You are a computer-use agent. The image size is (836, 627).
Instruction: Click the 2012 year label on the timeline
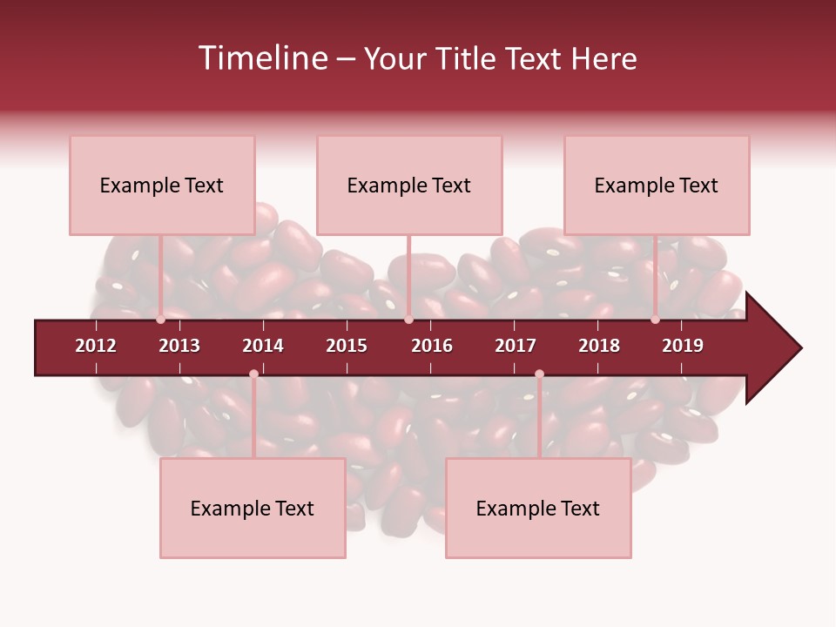pyautogui.click(x=96, y=346)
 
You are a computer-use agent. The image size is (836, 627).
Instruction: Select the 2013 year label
pyautogui.click(x=179, y=346)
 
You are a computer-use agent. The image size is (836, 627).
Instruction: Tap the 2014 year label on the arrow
pyautogui.click(x=263, y=346)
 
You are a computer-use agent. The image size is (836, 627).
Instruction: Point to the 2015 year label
pyautogui.click(x=347, y=346)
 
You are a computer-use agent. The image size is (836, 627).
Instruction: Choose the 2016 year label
pyautogui.click(x=432, y=346)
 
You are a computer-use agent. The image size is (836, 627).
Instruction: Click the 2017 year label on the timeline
pyautogui.click(x=516, y=346)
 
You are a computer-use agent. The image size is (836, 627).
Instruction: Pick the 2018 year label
pyautogui.click(x=599, y=346)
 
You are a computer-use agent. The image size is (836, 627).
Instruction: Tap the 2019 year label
pyautogui.click(x=683, y=346)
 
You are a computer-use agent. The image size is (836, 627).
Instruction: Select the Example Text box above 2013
pyautogui.click(x=162, y=185)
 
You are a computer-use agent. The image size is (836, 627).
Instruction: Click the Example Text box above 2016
pyautogui.click(x=409, y=185)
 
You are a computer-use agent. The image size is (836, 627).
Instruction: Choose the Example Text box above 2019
pyautogui.click(x=657, y=185)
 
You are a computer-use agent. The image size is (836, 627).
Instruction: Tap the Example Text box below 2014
pyautogui.click(x=253, y=508)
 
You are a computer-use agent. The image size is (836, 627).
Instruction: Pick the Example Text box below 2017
pyautogui.click(x=538, y=508)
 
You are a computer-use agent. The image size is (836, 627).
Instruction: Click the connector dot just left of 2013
pyautogui.click(x=161, y=320)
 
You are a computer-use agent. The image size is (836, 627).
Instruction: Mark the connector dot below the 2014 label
pyautogui.click(x=253, y=374)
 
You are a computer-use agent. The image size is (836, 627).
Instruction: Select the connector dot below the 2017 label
pyautogui.click(x=539, y=374)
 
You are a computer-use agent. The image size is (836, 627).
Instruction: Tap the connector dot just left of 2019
pyautogui.click(x=656, y=320)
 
